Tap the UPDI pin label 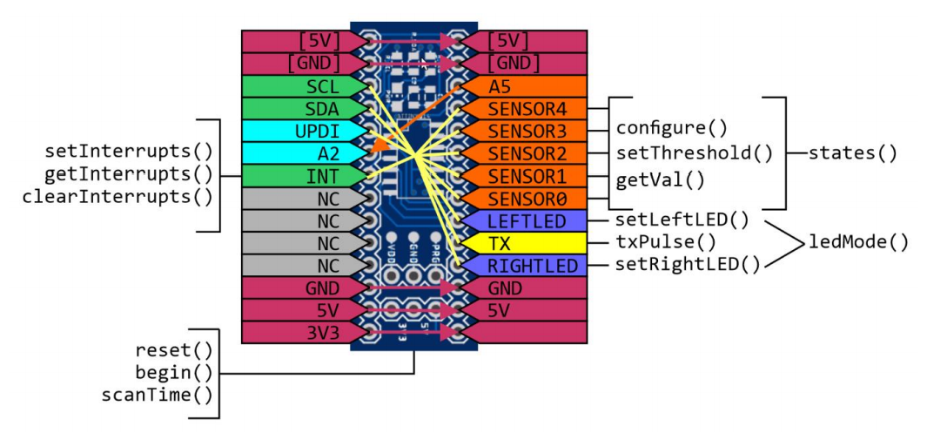[x=319, y=132]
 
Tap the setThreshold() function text [x=694, y=153]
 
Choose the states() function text [x=852, y=153]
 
